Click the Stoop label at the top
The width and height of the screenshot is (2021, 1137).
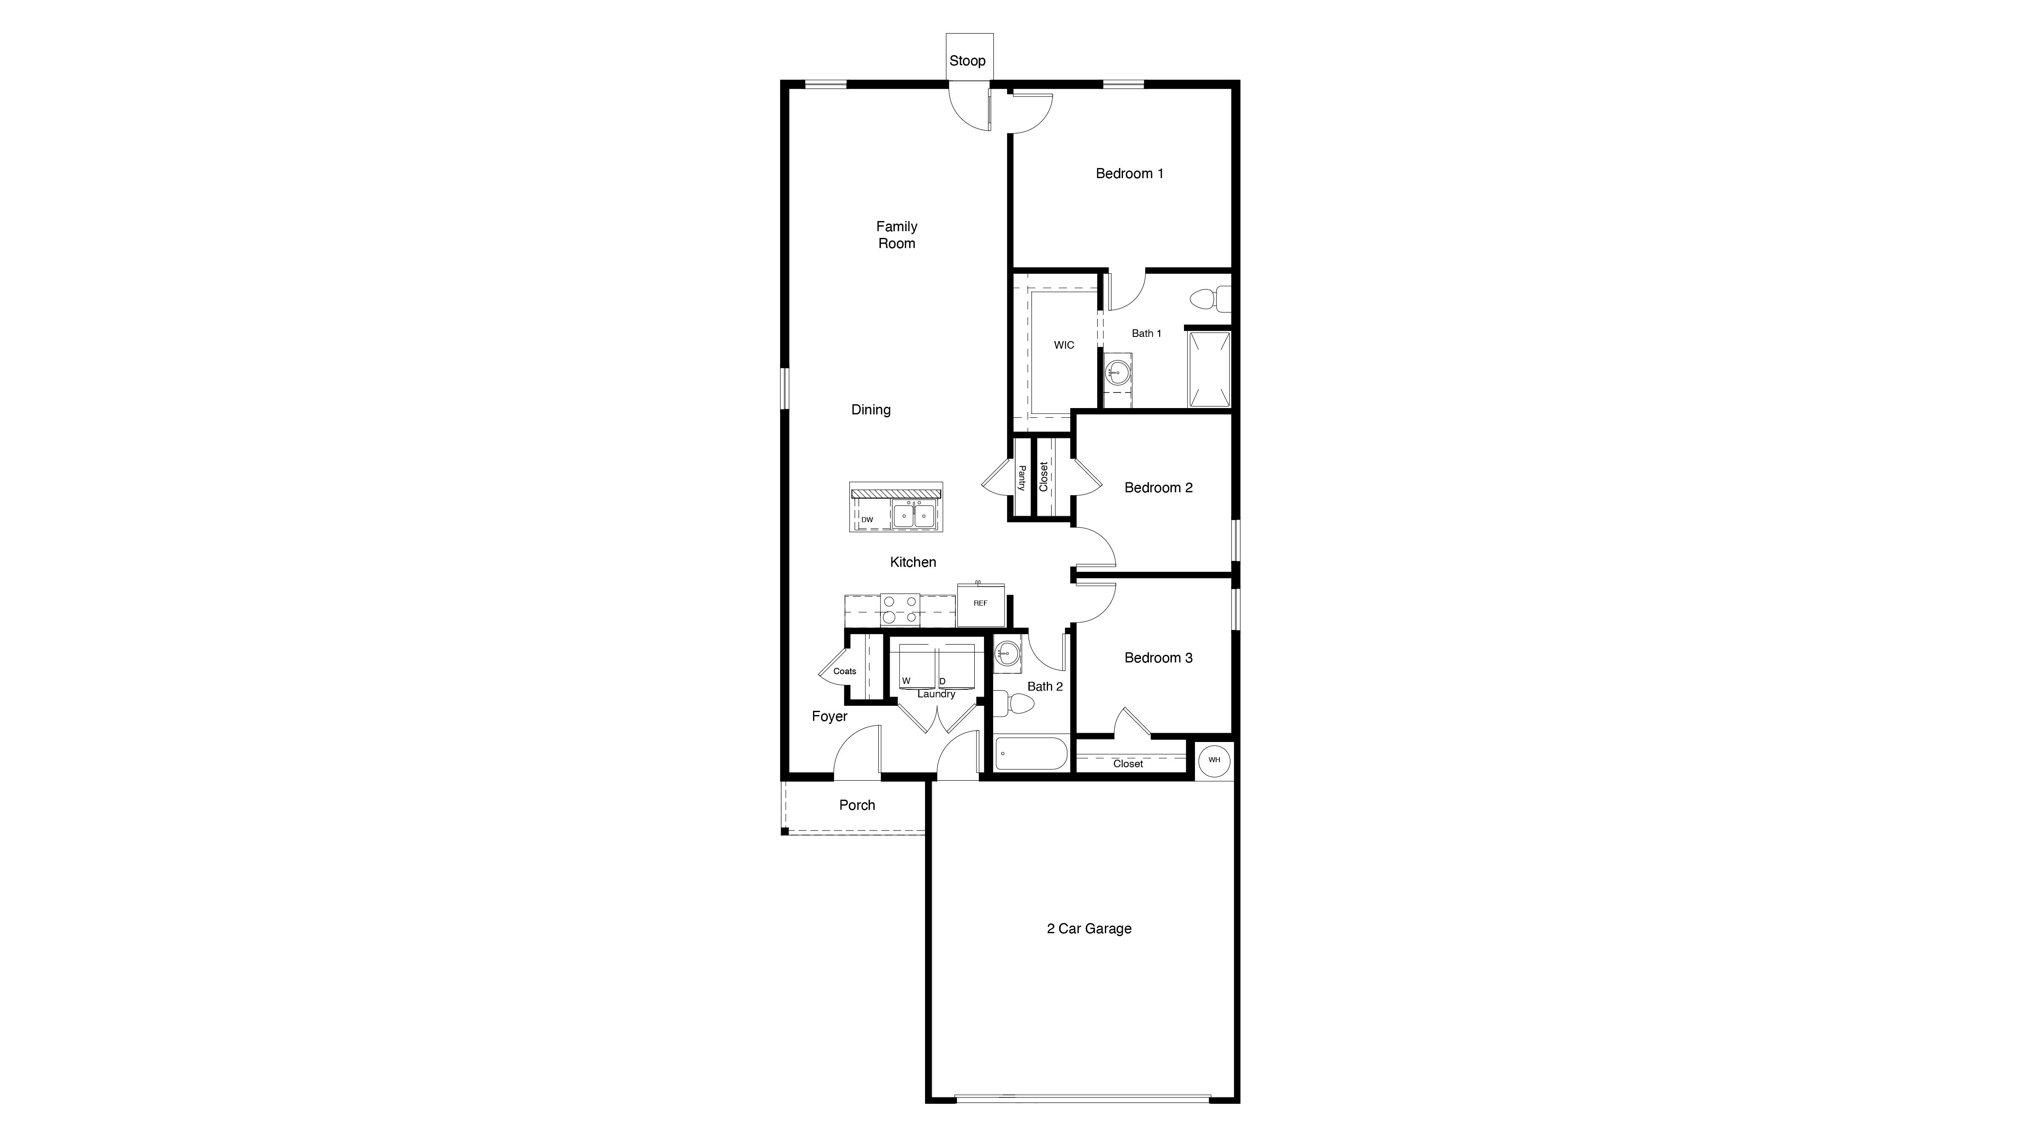pos(968,60)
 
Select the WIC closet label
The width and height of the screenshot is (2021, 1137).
pos(1064,345)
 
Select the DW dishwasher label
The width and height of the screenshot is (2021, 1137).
pos(867,520)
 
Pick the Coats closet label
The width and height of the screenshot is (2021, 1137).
pos(845,671)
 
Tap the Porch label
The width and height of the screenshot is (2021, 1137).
pos(857,805)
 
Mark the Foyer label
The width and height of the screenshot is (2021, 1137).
pos(829,716)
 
